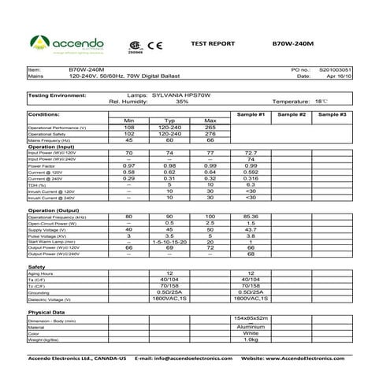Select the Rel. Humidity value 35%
click(x=182, y=102)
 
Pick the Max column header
click(x=210, y=121)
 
